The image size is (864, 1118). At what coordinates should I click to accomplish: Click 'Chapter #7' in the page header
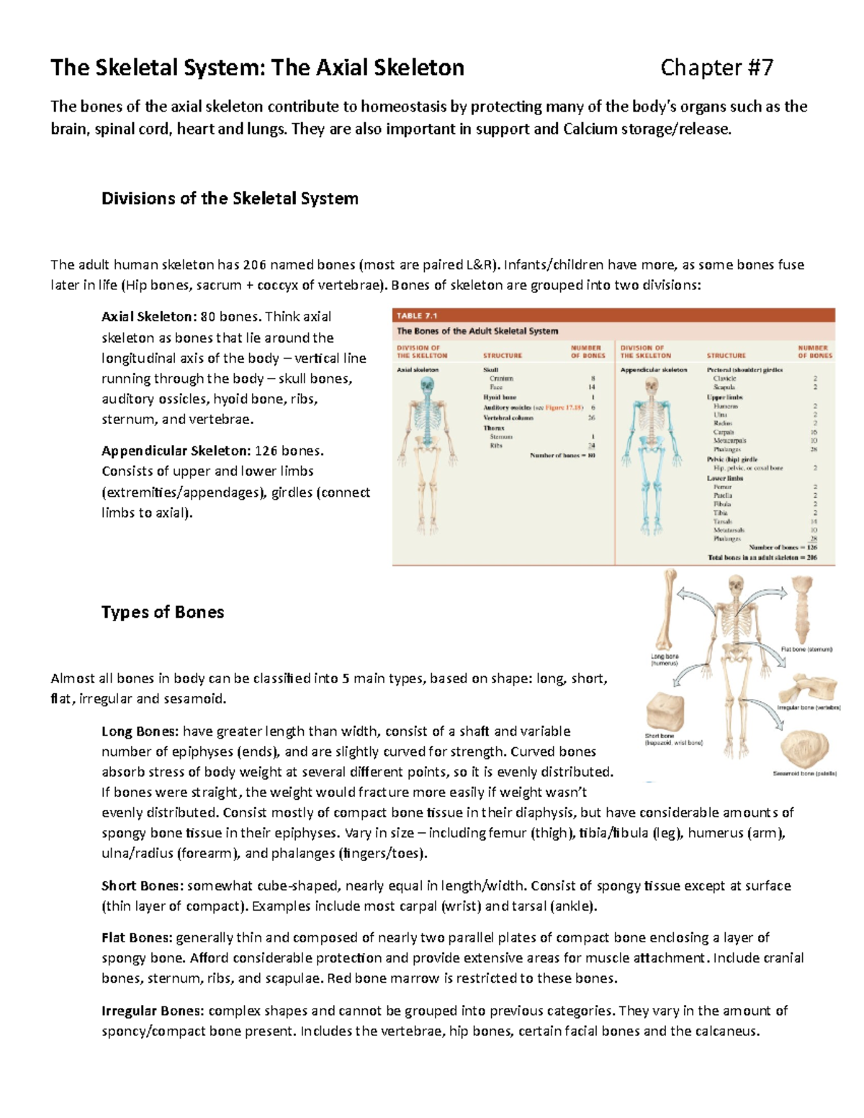(716, 68)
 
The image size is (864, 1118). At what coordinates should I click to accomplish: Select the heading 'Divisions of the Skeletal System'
(230, 199)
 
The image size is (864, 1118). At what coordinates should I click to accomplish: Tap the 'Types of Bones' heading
(163, 612)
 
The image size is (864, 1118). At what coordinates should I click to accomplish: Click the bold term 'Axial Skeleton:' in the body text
(148, 317)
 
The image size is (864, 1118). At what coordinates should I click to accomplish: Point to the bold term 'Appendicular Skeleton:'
(176, 451)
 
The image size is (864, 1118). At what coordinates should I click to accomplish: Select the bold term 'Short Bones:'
(142, 885)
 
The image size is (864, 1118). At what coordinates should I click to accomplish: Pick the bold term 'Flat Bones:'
(137, 937)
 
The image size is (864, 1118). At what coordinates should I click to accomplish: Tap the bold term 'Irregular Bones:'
(153, 1011)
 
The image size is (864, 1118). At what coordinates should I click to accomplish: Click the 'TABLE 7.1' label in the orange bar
(418, 316)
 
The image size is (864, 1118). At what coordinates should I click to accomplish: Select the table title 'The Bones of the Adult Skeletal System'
(477, 331)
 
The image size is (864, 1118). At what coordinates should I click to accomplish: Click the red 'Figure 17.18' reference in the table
(564, 407)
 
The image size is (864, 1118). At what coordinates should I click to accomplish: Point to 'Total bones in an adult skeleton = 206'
(762, 557)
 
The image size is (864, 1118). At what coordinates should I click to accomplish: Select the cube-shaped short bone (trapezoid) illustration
(664, 711)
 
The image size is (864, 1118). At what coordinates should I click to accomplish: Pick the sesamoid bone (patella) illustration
(804, 749)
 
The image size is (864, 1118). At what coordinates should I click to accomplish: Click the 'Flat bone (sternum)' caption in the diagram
(806, 649)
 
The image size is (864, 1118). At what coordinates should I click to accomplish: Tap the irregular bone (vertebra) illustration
(815, 688)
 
